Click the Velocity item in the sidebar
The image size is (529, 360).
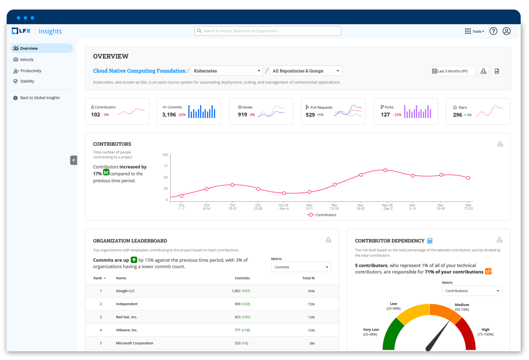point(27,60)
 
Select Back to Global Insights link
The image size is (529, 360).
point(40,98)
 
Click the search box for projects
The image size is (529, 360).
point(268,31)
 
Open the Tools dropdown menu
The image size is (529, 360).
point(474,31)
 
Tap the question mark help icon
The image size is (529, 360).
point(493,31)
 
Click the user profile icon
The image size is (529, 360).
point(506,31)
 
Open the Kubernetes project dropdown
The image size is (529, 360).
point(227,71)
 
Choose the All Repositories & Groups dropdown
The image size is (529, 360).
point(305,71)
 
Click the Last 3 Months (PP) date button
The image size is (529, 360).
point(452,71)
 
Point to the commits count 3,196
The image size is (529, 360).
point(169,115)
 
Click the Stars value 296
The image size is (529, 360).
point(457,115)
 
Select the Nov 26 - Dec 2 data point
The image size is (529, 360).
point(385,170)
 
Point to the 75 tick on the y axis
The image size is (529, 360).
point(166,166)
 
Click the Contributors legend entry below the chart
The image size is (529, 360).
point(322,215)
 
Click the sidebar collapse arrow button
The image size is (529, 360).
point(74,160)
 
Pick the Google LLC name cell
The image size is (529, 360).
point(125,291)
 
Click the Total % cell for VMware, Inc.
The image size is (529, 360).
point(311,330)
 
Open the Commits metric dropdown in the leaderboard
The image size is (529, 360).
point(301,267)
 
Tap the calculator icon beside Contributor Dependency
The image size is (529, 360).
point(429,241)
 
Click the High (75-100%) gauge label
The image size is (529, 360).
point(485,332)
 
